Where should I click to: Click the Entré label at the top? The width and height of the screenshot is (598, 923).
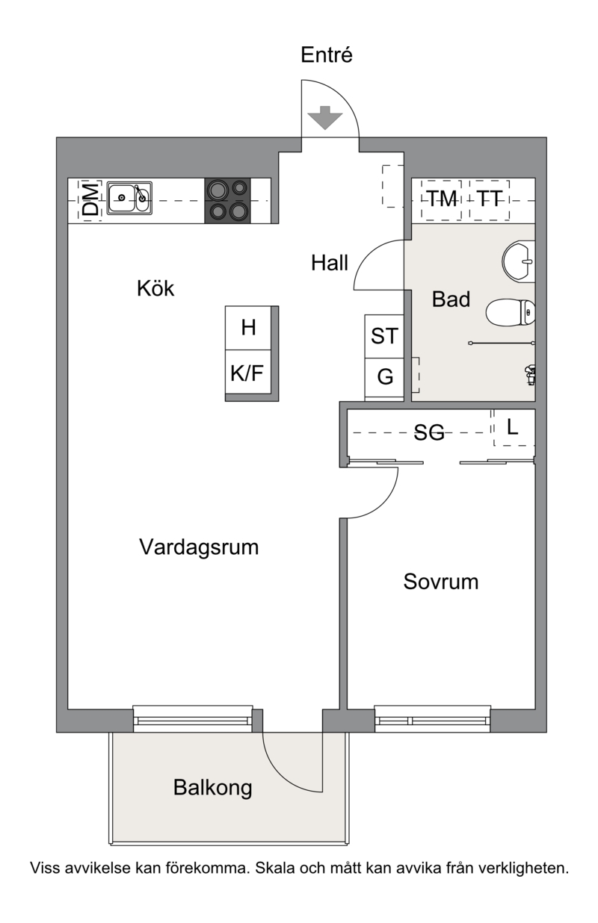(x=326, y=55)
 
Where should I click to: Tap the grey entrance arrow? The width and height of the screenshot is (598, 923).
(x=325, y=117)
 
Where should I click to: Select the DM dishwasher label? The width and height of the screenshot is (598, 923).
(x=90, y=201)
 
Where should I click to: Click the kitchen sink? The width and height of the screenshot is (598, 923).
(x=129, y=198)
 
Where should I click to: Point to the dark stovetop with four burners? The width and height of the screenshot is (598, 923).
(x=228, y=201)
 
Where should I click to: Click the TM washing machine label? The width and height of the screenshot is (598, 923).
(x=442, y=199)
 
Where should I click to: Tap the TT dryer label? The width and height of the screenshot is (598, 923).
(x=490, y=199)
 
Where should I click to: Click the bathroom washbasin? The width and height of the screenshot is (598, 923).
(x=519, y=261)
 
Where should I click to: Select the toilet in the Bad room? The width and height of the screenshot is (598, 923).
(x=511, y=312)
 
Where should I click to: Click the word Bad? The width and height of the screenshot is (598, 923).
(x=451, y=299)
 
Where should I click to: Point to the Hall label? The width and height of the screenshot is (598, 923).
(x=330, y=263)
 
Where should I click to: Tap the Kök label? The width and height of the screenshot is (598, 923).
(x=155, y=288)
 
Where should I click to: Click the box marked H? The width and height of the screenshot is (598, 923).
(x=248, y=328)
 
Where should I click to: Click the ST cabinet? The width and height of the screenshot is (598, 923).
(x=384, y=336)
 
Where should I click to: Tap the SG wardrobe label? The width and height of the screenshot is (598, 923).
(x=429, y=432)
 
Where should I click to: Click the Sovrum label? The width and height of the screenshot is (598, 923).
(x=441, y=582)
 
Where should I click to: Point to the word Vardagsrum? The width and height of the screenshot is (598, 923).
(x=199, y=548)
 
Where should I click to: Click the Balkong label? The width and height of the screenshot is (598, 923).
(x=213, y=789)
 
